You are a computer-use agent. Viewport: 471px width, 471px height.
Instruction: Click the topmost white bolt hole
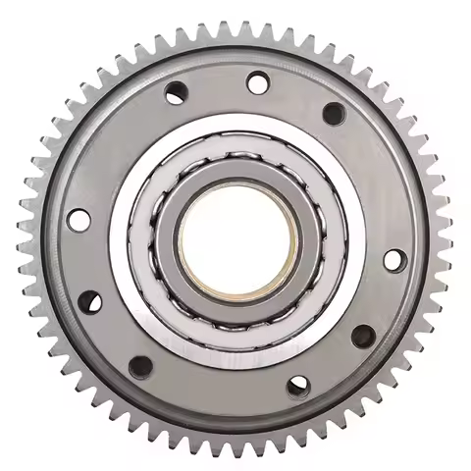tap(258, 83)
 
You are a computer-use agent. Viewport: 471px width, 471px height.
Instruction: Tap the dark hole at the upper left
tap(177, 94)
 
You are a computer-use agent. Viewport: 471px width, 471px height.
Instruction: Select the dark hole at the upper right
tap(334, 114)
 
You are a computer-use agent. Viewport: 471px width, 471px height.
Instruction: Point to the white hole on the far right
tap(393, 260)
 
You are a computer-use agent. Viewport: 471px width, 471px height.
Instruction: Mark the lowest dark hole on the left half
tap(140, 366)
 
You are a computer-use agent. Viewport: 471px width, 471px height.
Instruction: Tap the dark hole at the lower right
tap(363, 337)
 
